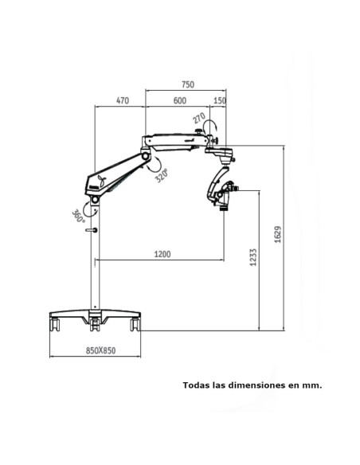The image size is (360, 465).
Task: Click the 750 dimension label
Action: click(x=188, y=84)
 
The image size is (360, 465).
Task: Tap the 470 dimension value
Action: click(x=123, y=101)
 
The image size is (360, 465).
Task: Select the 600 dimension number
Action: click(x=180, y=101)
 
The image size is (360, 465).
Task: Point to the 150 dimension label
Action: click(x=220, y=101)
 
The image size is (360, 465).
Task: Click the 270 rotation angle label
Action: click(x=199, y=118)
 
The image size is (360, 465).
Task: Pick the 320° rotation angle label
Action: click(x=162, y=175)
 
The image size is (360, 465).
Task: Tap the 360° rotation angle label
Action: click(x=78, y=217)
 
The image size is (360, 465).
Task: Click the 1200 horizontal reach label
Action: click(x=162, y=254)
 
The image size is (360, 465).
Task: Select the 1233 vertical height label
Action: click(x=253, y=257)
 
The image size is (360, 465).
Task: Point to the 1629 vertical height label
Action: click(x=277, y=235)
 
